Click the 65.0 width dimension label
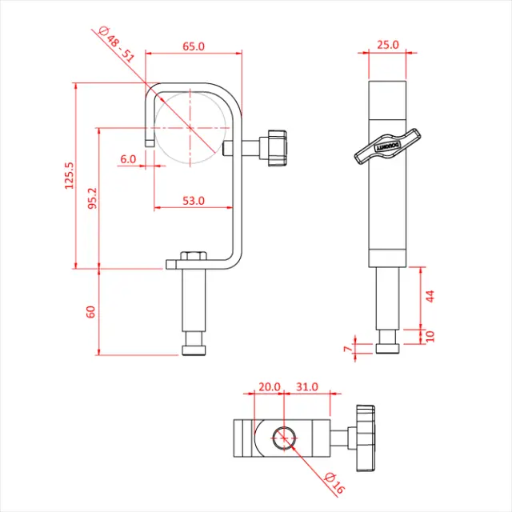point(194,46)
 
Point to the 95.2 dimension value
point(92,199)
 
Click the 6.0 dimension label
point(128,158)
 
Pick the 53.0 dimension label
point(193,201)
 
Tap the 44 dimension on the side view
point(430,296)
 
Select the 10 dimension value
point(430,335)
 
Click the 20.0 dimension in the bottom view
point(269,386)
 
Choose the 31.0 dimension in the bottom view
point(307,386)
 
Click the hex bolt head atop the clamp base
point(193,256)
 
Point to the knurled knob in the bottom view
point(366,437)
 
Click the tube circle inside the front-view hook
point(189,126)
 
